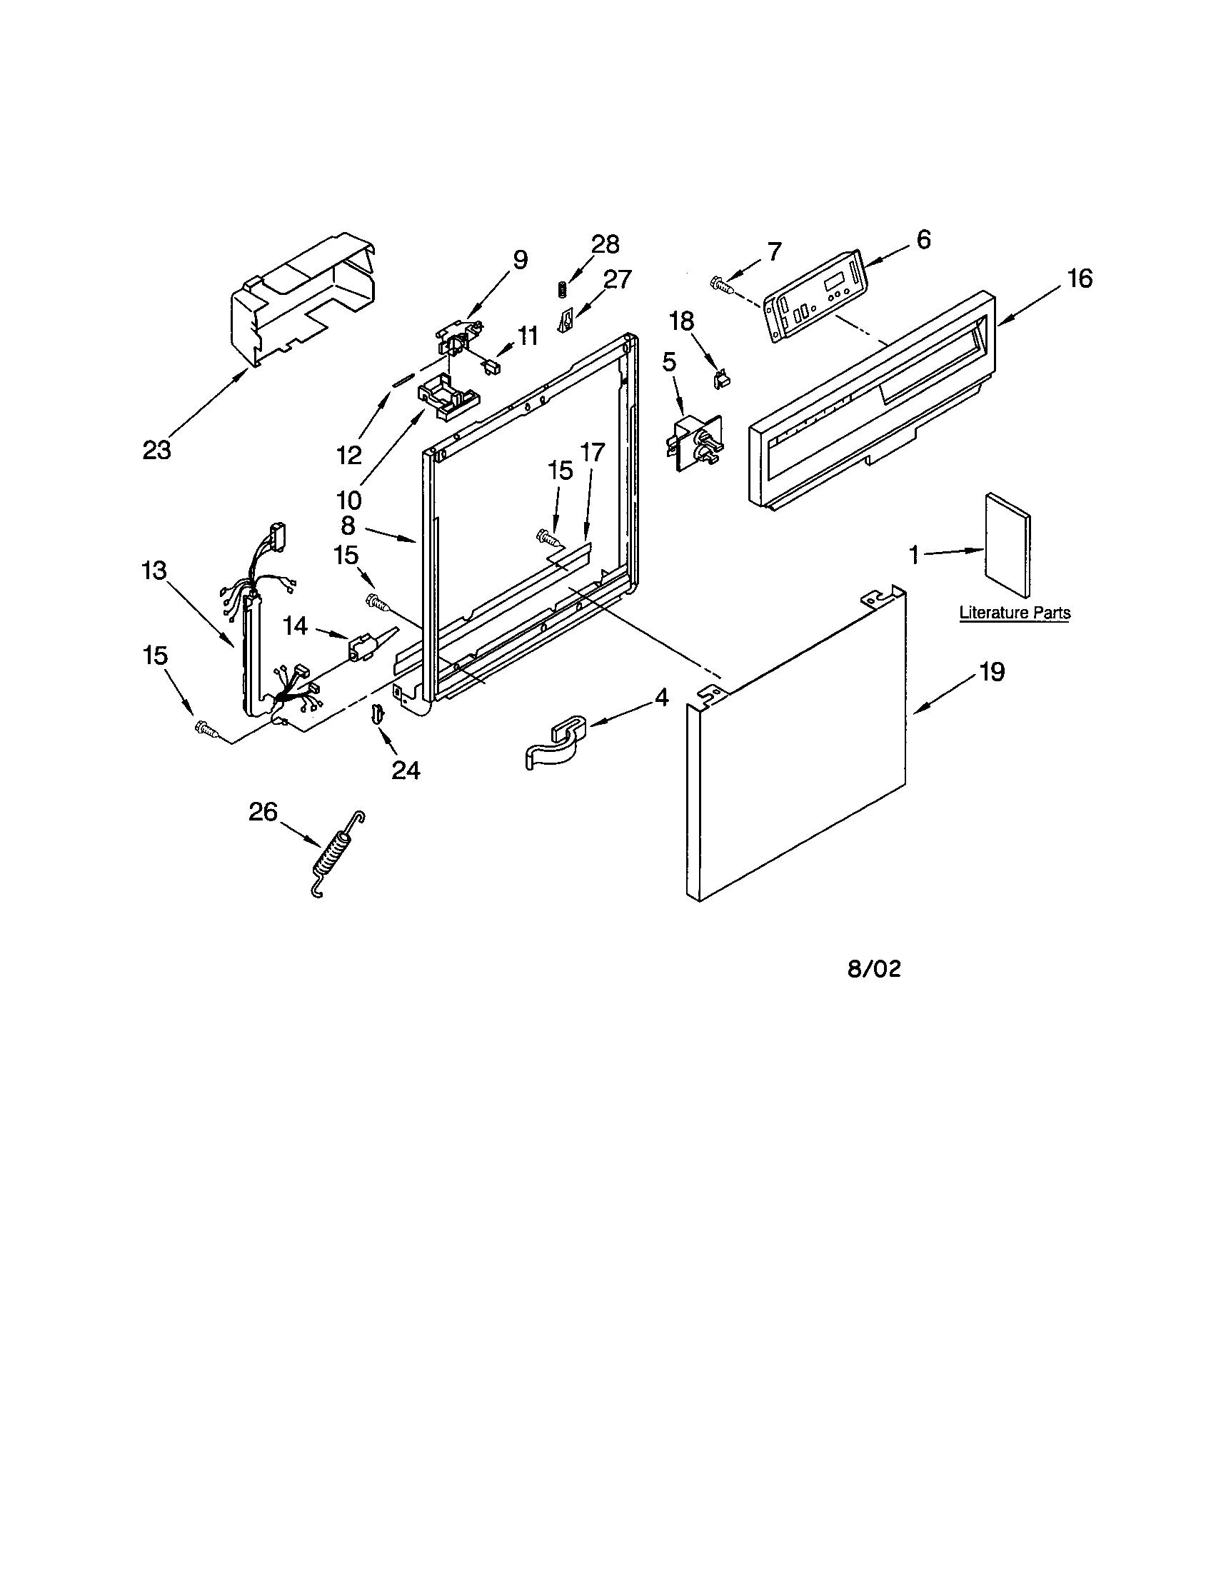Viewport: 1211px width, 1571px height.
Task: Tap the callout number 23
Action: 157,451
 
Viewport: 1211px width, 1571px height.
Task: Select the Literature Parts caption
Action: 1015,613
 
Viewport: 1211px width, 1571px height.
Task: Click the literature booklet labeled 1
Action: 1008,545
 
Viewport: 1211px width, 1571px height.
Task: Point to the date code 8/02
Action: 874,969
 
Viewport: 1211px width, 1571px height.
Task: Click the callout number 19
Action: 992,672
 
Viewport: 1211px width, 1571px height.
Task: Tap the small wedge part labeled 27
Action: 567,320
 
